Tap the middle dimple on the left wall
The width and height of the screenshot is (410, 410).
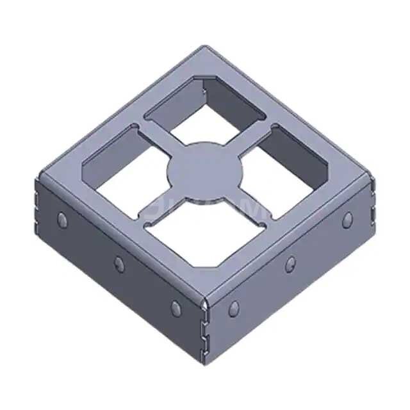[119, 262]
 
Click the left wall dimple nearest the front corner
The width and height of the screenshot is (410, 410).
[176, 306]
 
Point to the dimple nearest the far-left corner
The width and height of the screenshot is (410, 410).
[62, 220]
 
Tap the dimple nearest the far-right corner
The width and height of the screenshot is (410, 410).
[347, 219]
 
